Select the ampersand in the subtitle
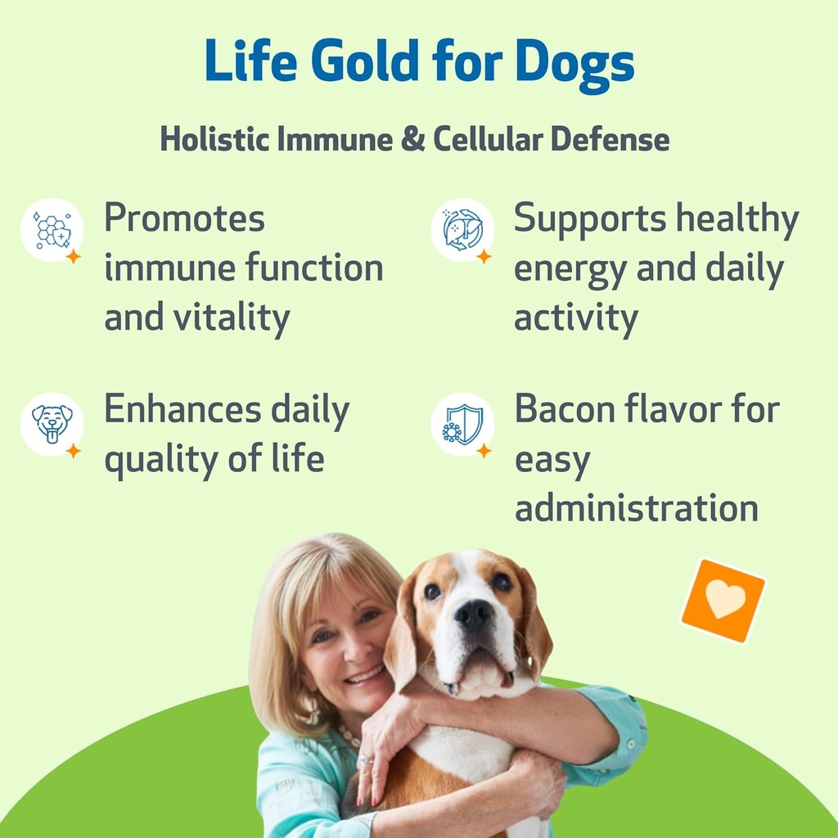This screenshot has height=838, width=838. pos(415,139)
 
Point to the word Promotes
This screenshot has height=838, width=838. pos(184,219)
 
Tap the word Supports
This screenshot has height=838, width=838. pos(578,219)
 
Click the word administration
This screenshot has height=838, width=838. pos(636,508)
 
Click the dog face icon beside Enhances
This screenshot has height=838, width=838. pos(52,423)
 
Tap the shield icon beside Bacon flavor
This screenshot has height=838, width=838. pos(462,424)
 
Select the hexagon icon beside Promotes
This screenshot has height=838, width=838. pos(52,230)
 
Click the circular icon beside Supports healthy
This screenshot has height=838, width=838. pos(462,230)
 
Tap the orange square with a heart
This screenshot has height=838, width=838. pos(723,601)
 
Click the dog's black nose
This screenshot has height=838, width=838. pos(475,615)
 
